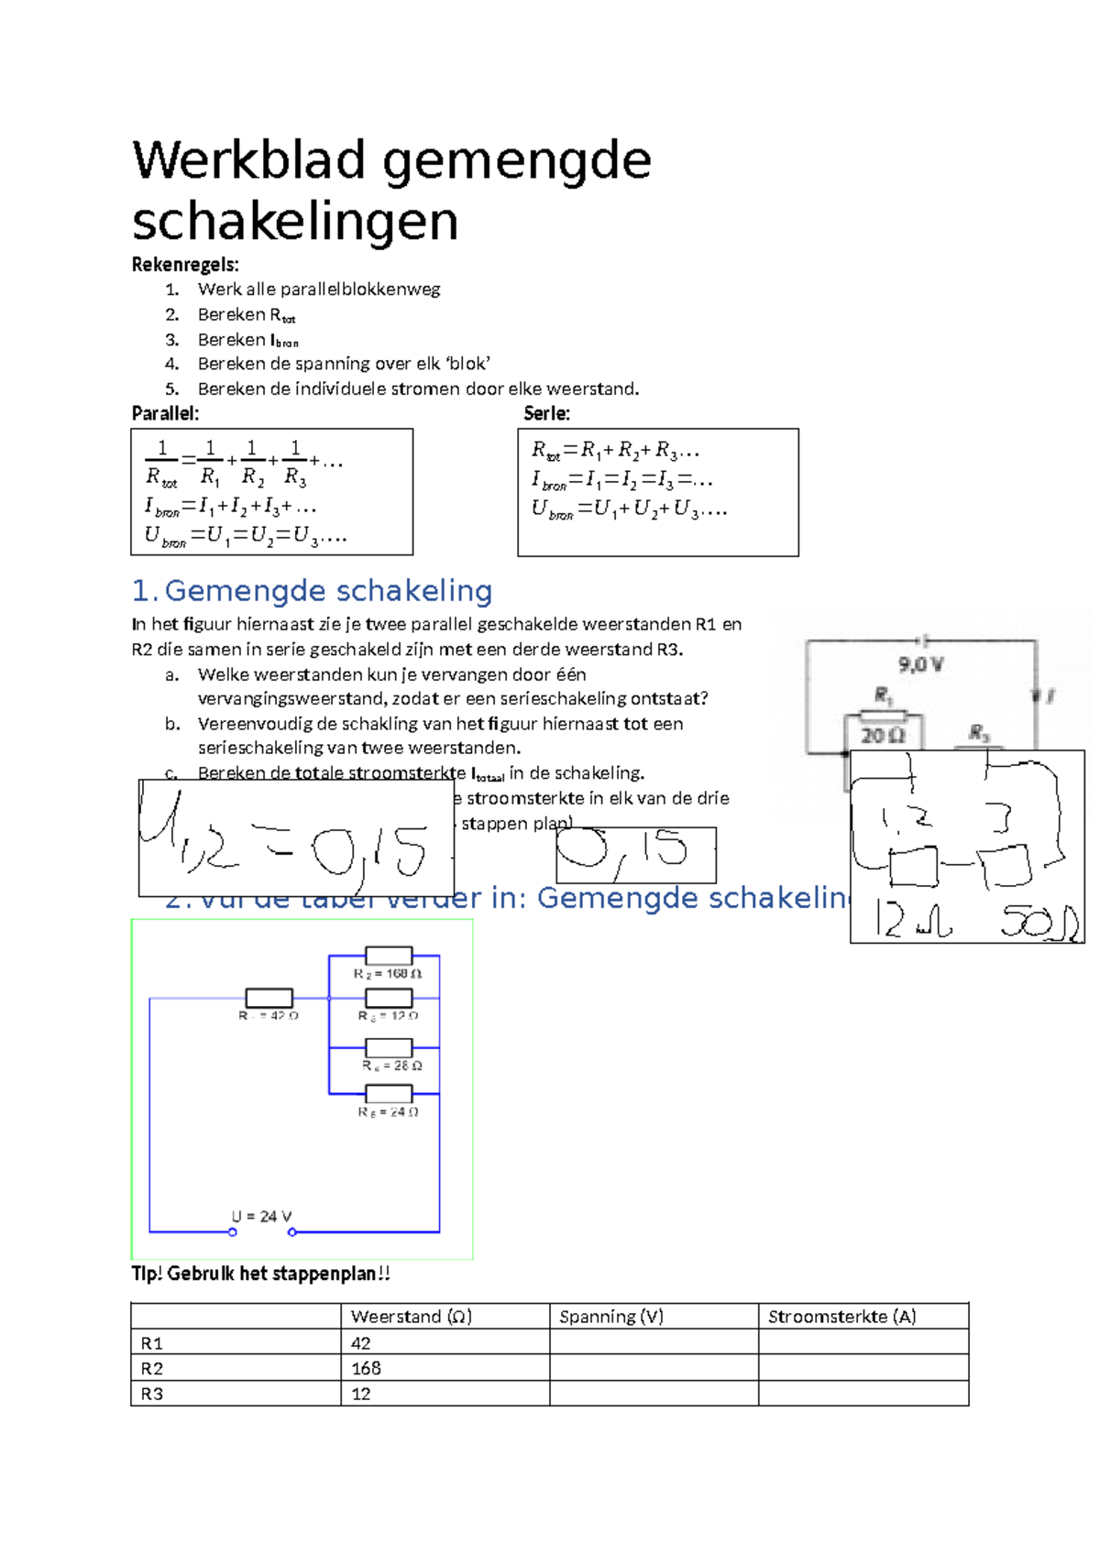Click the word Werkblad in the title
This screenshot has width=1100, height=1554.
click(x=249, y=160)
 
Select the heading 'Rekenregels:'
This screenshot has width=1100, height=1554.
click(x=185, y=265)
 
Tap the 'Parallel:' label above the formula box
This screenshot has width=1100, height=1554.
click(x=165, y=413)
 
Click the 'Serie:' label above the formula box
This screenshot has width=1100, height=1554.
click(x=546, y=413)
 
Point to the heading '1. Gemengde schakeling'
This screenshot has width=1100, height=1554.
click(x=312, y=591)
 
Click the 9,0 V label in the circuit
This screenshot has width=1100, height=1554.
click(x=920, y=664)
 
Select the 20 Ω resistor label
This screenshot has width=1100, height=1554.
click(x=882, y=735)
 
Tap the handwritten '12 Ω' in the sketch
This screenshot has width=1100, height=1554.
click(x=911, y=920)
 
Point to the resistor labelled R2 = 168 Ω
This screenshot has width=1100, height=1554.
click(x=389, y=956)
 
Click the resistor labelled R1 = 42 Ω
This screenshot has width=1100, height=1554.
click(x=269, y=998)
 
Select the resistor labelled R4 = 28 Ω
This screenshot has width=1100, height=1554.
click(x=389, y=1047)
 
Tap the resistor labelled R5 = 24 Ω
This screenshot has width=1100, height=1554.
click(x=389, y=1093)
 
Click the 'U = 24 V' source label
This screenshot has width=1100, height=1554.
click(x=261, y=1216)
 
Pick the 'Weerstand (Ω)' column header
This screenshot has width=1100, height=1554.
click(x=411, y=1317)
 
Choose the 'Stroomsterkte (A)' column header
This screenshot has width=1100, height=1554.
click(x=841, y=1317)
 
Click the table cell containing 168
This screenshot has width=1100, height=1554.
click(x=366, y=1368)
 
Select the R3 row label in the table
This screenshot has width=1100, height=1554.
click(x=152, y=1394)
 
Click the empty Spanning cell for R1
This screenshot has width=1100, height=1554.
click(x=653, y=1342)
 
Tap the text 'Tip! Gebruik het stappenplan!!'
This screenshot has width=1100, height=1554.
click(x=261, y=1274)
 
